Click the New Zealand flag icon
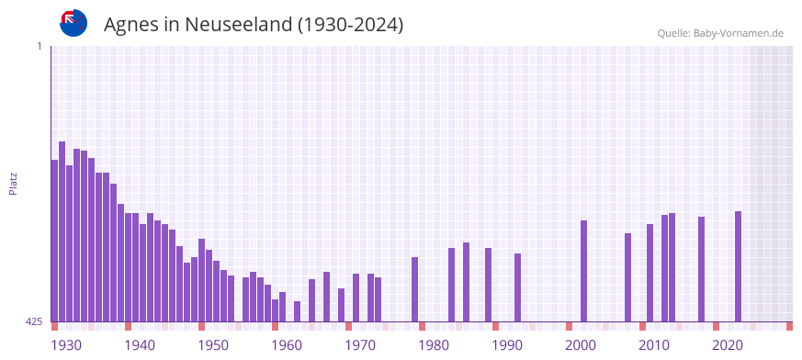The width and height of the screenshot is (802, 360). pos(73,23)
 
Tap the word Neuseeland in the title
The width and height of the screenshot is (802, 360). pos(239,24)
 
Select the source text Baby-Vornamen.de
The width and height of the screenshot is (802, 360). pos(738,33)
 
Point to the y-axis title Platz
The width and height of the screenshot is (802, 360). pos(13,183)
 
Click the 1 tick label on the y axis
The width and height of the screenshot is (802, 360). pos(39,46)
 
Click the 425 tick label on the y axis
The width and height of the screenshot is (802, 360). pos(34,321)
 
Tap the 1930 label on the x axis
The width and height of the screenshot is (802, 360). pos(65,345)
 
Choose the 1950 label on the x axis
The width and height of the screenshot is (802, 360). pos(212,345)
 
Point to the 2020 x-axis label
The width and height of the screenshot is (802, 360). pos(727,345)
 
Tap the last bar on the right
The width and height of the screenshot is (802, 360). pos(738,266)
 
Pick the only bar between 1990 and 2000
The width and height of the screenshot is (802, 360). pos(517,287)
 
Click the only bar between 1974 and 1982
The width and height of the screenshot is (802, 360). pos(414,289)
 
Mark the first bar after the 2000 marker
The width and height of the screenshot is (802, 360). pos(583,271)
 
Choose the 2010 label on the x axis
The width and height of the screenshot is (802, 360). pos(653,345)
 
